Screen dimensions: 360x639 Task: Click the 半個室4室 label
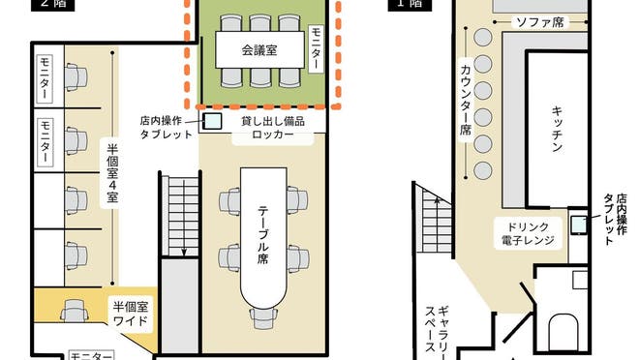tap(112, 173)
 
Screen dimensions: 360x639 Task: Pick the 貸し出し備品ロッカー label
tap(272, 127)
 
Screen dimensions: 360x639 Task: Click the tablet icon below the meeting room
tap(212, 122)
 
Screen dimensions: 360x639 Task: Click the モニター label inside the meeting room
tap(316, 51)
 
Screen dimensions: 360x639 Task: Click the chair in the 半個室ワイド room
tap(74, 311)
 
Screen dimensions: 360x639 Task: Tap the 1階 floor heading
tap(409, 4)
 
